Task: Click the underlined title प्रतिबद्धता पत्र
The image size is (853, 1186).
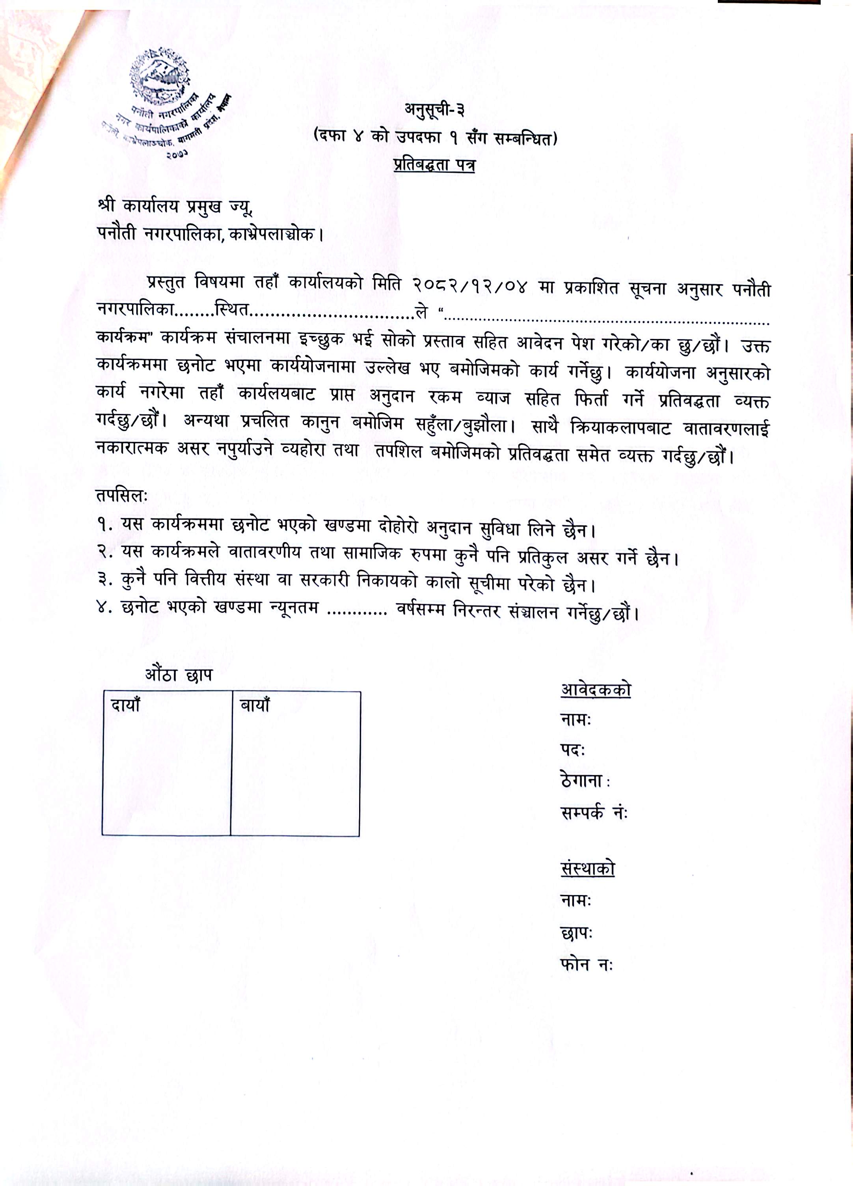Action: pyautogui.click(x=434, y=165)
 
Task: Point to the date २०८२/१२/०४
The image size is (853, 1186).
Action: pyautogui.click(x=469, y=287)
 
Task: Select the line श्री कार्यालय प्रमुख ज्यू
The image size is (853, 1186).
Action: pyautogui.click(x=175, y=207)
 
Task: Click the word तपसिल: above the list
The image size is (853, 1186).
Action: pyautogui.click(x=122, y=495)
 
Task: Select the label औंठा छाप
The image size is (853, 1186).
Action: pyautogui.click(x=179, y=675)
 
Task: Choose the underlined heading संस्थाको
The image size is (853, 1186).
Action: pyautogui.click(x=587, y=868)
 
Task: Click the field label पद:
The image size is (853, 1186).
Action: pyautogui.click(x=572, y=750)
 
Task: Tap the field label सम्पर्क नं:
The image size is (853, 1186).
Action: pyautogui.click(x=594, y=813)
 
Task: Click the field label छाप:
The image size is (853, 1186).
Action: pyautogui.click(x=576, y=933)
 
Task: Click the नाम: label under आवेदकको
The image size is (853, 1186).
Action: pyautogui.click(x=575, y=720)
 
